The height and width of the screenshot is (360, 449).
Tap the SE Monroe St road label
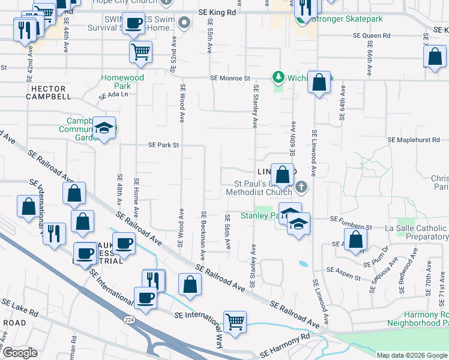point(230,78)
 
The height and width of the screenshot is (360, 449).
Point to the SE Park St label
point(164,145)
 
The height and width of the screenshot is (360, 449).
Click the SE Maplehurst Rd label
point(414,139)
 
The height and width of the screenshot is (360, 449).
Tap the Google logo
point(19,353)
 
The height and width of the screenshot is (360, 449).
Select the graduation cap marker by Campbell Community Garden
point(104,128)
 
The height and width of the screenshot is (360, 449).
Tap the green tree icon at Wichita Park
point(278,77)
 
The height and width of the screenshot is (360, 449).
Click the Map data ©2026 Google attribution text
point(411,355)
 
